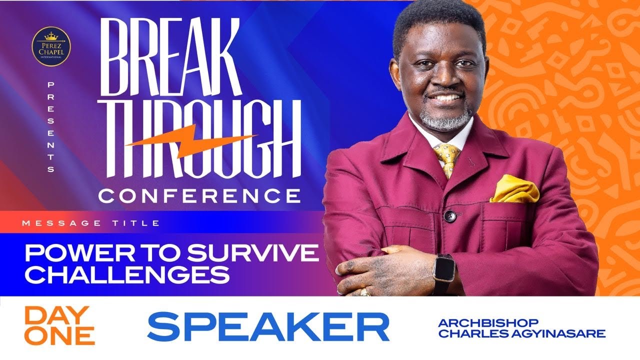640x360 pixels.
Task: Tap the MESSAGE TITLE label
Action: [x=91, y=223]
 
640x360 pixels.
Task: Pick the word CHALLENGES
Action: [x=127, y=274]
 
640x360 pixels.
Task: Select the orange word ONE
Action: [x=59, y=336]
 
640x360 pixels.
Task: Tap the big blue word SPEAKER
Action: [x=268, y=327]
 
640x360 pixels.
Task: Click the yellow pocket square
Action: [x=515, y=188]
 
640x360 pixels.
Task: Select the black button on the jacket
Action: [x=450, y=216]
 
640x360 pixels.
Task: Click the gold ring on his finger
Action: [x=365, y=291]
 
